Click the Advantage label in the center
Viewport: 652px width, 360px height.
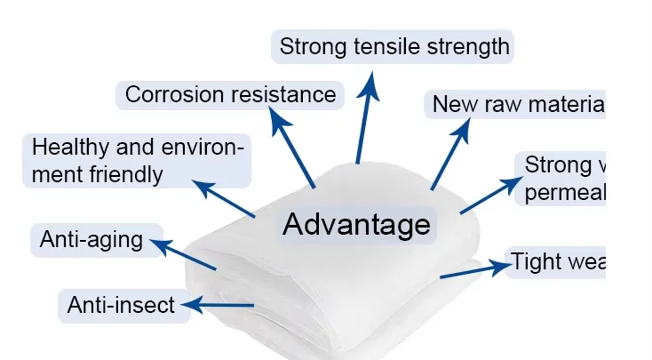coord(355,224)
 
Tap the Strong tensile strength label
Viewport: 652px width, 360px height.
coord(394,46)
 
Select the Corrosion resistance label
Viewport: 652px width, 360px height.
coord(230,94)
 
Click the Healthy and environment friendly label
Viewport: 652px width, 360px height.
coord(136,160)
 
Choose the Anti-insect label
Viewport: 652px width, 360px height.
coord(122,306)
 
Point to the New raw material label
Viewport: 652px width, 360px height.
coord(516,104)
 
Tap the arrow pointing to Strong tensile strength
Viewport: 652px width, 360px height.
coord(365,116)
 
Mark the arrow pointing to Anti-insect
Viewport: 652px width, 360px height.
coord(223,307)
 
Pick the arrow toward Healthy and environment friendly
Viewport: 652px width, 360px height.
coord(225,200)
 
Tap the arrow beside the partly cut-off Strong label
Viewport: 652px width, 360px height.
coord(491,196)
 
